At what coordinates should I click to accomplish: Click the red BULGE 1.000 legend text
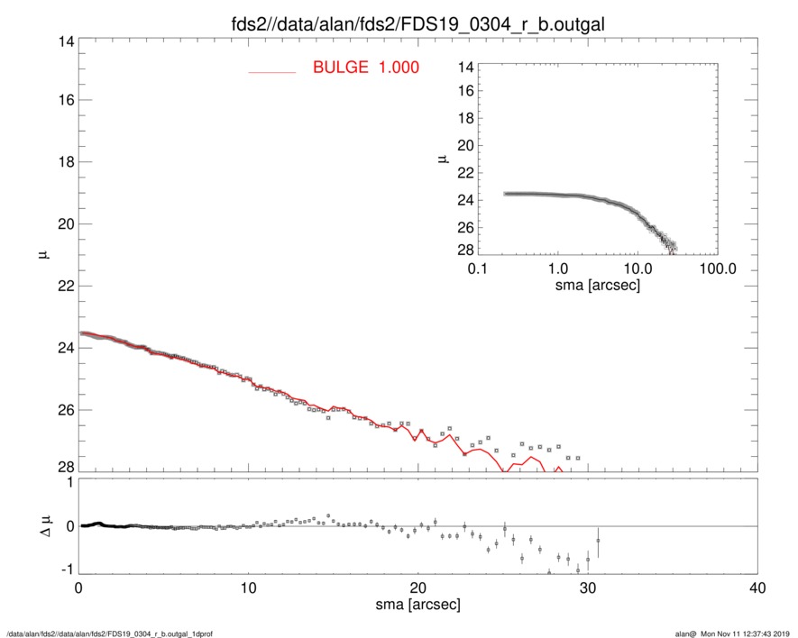click(x=365, y=68)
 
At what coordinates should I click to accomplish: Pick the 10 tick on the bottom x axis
click(x=248, y=588)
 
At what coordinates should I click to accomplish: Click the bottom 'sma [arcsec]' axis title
click(x=417, y=606)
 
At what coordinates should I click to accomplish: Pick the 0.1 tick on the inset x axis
click(x=478, y=269)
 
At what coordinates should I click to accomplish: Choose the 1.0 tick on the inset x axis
click(x=557, y=269)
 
